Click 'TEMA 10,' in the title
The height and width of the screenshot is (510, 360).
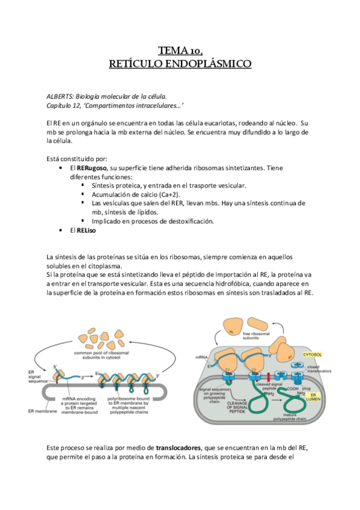click(x=180, y=51)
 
